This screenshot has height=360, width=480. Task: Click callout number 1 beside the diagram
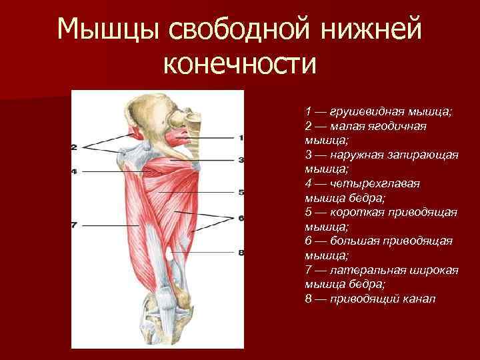pyautogui.click(x=241, y=137)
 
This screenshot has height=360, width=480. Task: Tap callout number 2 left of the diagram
pyautogui.click(x=73, y=147)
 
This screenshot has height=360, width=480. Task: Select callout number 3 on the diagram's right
pyautogui.click(x=241, y=160)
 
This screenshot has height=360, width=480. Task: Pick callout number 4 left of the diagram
pyautogui.click(x=73, y=171)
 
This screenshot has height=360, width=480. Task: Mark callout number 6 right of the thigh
pyautogui.click(x=241, y=217)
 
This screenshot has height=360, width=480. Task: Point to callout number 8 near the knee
pyautogui.click(x=241, y=252)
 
